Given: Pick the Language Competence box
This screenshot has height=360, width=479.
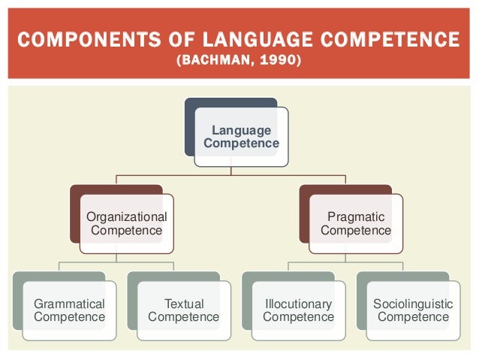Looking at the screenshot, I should coord(241,137).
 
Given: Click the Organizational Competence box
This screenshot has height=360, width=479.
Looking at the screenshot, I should coord(126,223).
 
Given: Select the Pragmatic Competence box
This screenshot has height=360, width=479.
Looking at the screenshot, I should coord(355,223).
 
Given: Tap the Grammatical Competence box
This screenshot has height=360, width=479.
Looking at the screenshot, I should coord(69,310).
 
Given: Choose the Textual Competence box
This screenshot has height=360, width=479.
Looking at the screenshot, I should coord(183,310).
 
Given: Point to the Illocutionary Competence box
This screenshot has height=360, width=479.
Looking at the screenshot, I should coord(298,310).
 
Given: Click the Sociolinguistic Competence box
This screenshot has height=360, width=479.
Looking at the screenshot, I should coord(412,310).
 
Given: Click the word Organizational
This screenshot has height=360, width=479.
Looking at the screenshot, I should coord(126,216).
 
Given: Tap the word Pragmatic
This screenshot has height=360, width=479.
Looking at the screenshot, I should coord(356,216).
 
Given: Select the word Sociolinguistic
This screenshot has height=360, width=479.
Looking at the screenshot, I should coord(412,304).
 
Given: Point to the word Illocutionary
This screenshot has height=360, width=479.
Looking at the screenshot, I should coord(298,304).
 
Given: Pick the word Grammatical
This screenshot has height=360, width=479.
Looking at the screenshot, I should coord(69,304).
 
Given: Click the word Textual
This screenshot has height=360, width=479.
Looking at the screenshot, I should coord(184,304).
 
